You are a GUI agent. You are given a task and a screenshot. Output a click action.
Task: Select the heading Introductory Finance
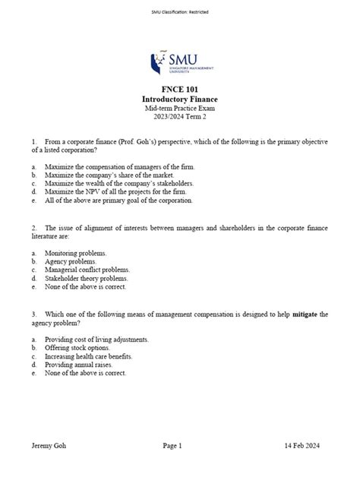point(180,100)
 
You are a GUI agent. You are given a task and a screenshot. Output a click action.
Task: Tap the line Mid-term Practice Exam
point(180,109)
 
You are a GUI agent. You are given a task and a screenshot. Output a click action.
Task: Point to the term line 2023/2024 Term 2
point(180,118)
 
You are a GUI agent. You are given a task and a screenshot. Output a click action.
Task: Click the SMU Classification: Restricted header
point(180,12)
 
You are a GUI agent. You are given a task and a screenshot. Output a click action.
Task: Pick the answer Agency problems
point(75,261)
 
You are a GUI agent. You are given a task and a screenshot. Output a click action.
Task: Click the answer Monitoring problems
point(80,252)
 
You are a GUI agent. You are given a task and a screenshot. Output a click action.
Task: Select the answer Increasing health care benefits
point(93,356)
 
